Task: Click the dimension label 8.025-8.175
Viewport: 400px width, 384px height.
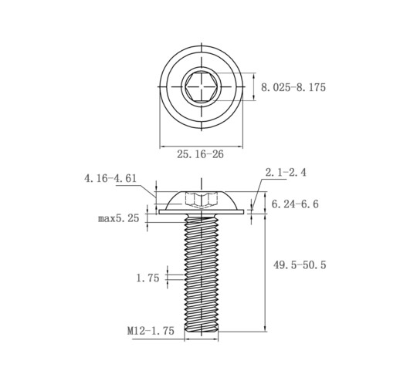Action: click(x=293, y=87)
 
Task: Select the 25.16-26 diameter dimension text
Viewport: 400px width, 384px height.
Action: click(x=200, y=154)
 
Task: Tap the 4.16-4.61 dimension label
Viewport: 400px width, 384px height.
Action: click(x=110, y=178)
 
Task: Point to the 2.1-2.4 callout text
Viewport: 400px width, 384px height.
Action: click(x=286, y=172)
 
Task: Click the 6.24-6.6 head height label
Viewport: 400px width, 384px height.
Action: click(x=295, y=204)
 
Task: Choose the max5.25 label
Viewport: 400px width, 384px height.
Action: click(x=118, y=218)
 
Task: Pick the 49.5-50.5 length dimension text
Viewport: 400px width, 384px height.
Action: click(x=300, y=264)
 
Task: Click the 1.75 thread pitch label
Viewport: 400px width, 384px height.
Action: click(x=147, y=278)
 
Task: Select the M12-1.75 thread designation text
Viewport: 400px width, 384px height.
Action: click(x=151, y=331)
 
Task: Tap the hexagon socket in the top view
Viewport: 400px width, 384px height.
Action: click(x=202, y=86)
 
